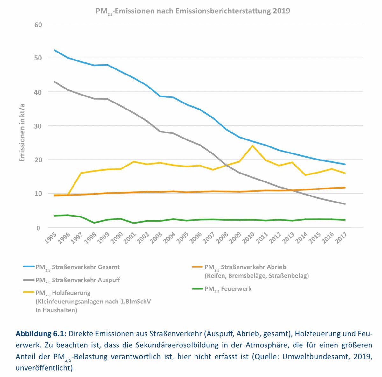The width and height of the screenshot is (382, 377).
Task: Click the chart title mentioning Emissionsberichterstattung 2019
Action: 193,11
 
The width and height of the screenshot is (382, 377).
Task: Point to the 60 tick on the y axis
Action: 38,24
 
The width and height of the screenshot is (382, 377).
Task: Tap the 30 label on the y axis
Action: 38,126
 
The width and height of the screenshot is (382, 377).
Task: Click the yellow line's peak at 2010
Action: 252,146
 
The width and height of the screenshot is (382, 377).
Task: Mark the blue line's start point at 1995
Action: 54,50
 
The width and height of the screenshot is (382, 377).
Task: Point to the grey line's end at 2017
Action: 345,204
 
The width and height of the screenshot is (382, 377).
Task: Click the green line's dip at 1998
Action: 94,223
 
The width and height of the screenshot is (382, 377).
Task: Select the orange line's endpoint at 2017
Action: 345,188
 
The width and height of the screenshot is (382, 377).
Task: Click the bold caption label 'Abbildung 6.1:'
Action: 40,334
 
